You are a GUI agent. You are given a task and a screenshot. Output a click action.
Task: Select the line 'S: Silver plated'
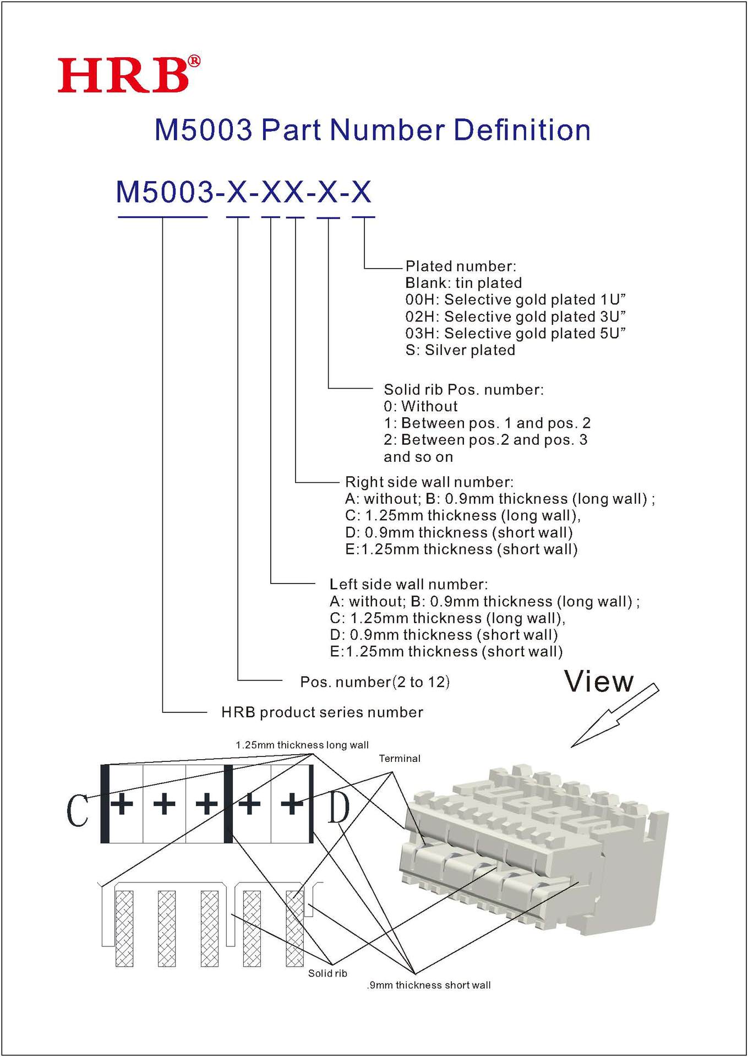tap(460, 350)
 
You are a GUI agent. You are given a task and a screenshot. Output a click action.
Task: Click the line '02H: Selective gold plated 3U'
tap(515, 317)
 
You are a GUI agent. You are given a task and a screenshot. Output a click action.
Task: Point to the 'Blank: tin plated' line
tap(463, 283)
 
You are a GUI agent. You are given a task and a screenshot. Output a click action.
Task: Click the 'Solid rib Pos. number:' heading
tap(463, 390)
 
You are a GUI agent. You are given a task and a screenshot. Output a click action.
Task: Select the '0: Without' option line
tap(421, 406)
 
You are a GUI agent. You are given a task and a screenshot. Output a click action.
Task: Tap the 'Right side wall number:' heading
tap(429, 482)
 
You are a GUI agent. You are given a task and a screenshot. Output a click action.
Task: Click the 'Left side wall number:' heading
tap(408, 584)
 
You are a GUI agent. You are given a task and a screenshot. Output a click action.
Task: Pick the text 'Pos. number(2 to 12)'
tap(374, 682)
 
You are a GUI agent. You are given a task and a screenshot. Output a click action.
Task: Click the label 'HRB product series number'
tap(322, 712)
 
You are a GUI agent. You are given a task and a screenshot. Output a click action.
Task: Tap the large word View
tap(599, 682)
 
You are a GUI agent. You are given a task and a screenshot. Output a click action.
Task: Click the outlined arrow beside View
tap(615, 715)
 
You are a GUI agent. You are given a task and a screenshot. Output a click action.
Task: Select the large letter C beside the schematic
tap(77, 810)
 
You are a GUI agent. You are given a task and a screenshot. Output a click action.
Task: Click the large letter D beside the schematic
tap(338, 808)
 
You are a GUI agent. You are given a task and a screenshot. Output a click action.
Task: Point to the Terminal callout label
tap(400, 759)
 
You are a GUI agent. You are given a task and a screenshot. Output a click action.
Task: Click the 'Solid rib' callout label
tap(327, 973)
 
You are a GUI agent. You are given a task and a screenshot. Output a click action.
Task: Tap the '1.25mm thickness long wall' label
tap(302, 745)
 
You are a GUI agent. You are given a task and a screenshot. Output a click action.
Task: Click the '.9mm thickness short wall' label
tap(429, 985)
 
